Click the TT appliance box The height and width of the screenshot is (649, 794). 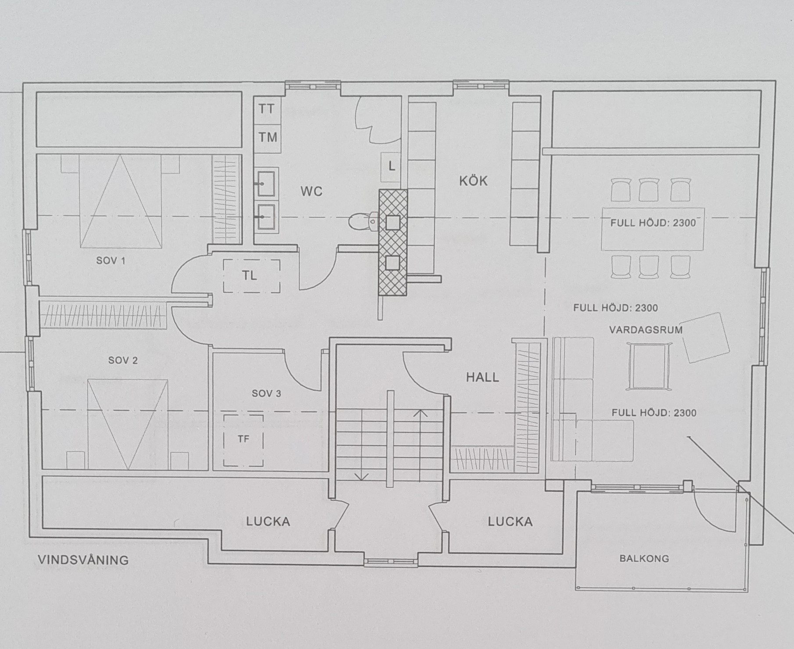point(267,109)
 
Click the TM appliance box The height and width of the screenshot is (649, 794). point(267,137)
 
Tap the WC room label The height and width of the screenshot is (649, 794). point(311,191)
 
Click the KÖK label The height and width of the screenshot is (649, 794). point(474,180)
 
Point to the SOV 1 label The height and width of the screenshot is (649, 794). point(111,261)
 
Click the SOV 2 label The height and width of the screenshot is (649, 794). point(123,361)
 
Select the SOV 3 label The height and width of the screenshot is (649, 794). point(266,393)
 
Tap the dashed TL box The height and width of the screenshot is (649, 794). point(251,276)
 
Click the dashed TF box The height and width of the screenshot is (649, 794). point(243,440)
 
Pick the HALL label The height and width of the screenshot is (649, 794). point(482,377)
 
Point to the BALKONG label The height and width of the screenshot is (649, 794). point(644,559)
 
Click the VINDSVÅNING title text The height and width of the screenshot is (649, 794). point(83,560)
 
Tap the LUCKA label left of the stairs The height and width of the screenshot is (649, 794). point(268,522)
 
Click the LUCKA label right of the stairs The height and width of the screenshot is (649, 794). point(510,522)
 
